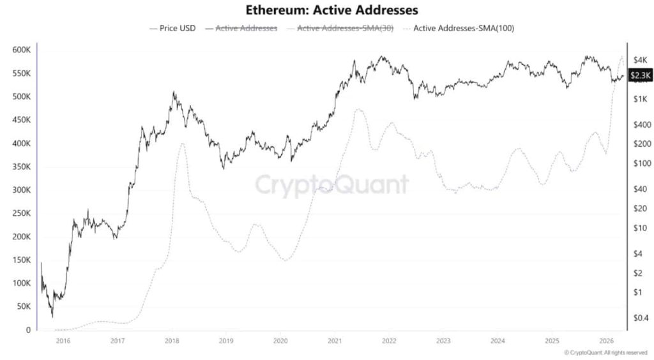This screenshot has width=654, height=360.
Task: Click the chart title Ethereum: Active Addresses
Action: pyautogui.click(x=327, y=11)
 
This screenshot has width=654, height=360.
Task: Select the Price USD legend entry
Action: pyautogui.click(x=172, y=29)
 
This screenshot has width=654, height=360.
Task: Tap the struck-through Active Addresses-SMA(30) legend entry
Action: pyautogui.click(x=345, y=29)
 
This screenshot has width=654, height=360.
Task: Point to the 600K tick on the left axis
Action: pyautogui.click(x=21, y=50)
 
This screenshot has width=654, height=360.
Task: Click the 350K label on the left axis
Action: pyautogui.click(x=21, y=167)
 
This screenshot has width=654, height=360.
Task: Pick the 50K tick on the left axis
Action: pyautogui.click(x=23, y=306)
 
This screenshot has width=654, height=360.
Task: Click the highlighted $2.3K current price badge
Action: pyautogui.click(x=640, y=76)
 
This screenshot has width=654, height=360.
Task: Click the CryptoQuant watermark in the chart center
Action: pyautogui.click(x=332, y=185)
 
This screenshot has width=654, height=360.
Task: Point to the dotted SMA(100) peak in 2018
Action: pyautogui.click(x=182, y=143)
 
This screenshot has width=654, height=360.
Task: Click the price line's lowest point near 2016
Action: pyautogui.click(x=52, y=317)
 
